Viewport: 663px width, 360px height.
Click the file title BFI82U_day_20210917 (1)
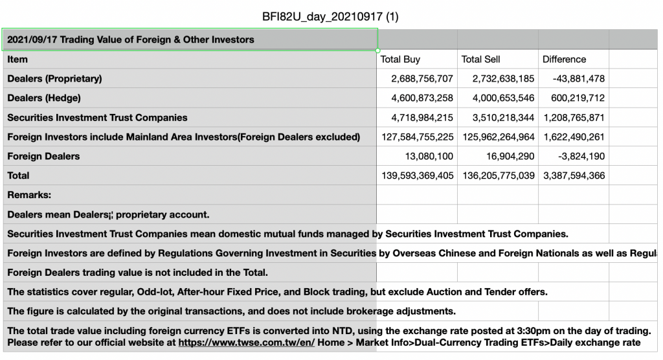tap(331, 16)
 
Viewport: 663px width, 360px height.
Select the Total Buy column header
tap(400, 60)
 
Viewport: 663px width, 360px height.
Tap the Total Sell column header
tap(480, 60)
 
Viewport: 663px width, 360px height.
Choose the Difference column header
tap(564, 60)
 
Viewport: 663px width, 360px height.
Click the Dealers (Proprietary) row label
tap(54, 79)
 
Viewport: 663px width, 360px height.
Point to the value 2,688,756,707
tap(422, 79)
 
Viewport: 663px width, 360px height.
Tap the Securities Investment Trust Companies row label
tap(97, 118)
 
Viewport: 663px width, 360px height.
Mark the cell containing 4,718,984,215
tap(422, 118)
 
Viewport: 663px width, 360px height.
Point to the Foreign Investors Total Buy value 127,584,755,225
tap(418, 137)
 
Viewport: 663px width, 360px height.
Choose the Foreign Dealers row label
tap(43, 156)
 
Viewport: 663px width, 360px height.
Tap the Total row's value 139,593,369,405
tap(418, 175)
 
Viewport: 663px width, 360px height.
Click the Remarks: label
tap(29, 195)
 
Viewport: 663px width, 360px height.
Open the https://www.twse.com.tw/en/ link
tap(246, 343)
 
